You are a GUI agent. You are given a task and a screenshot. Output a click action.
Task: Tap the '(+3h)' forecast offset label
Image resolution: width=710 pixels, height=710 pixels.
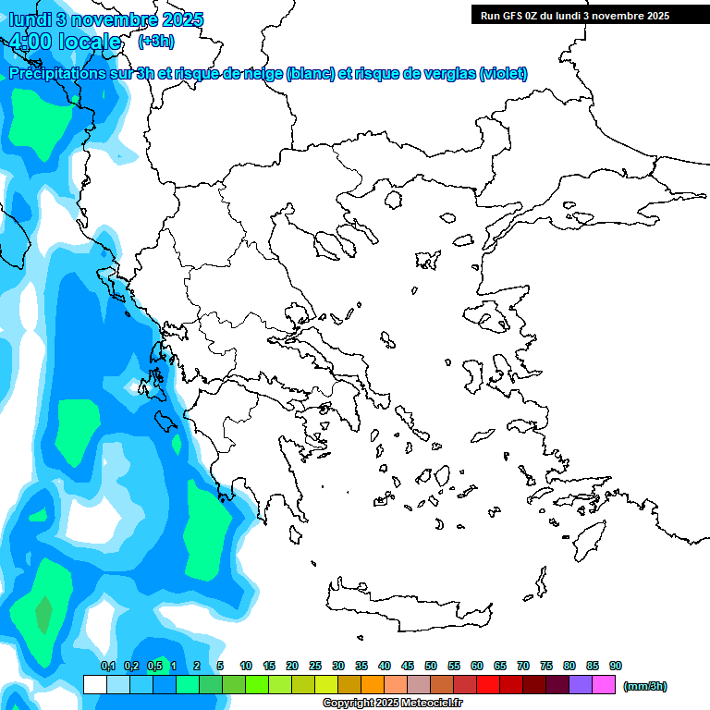tap(155, 41)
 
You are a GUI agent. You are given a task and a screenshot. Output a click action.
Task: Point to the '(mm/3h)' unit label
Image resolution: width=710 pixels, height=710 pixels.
tap(644, 686)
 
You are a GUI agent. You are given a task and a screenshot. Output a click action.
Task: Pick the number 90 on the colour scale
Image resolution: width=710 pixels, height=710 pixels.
tap(616, 666)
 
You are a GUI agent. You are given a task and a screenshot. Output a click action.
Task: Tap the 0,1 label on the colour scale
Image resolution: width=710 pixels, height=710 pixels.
tap(107, 666)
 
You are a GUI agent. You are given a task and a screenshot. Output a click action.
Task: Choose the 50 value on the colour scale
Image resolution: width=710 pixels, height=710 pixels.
tap(431, 666)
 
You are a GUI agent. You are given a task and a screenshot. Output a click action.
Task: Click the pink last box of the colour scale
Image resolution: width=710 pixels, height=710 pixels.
tap(604, 685)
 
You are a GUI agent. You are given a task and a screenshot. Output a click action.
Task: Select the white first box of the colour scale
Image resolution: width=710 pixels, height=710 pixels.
tap(95, 685)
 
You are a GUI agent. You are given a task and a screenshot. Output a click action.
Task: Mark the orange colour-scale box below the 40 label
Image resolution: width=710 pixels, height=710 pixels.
tap(373, 685)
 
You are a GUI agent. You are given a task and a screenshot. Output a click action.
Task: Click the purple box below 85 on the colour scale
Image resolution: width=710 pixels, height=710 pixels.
tap(581, 685)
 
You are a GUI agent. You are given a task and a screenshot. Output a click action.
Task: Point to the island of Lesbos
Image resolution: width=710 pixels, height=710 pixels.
tap(492, 317)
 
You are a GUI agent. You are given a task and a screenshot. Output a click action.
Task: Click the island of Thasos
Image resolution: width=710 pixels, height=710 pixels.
tap(394, 200)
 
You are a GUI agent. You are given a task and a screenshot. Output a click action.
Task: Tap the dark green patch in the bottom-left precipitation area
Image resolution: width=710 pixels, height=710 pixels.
tap(43, 613)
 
